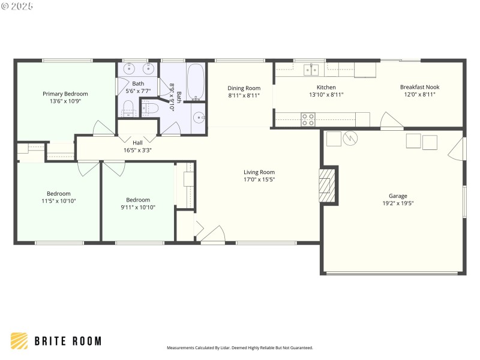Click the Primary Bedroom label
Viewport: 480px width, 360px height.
65,94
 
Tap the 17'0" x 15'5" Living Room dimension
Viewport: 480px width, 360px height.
259,180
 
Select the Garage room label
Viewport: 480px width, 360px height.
398,196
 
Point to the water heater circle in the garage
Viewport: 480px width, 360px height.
350,139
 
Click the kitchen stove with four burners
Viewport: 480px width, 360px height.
308,119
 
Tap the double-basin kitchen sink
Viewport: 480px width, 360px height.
310,70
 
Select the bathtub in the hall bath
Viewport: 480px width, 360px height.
196,83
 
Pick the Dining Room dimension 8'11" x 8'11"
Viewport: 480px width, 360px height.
244,95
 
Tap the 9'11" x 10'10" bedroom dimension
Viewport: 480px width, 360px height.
138,208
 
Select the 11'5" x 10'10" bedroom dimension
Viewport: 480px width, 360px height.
59,202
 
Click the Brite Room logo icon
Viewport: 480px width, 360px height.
19,341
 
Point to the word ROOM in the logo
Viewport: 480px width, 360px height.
85,341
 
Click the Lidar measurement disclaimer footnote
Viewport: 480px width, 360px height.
239,347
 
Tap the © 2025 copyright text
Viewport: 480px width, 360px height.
17,6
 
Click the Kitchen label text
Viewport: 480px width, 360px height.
326,87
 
